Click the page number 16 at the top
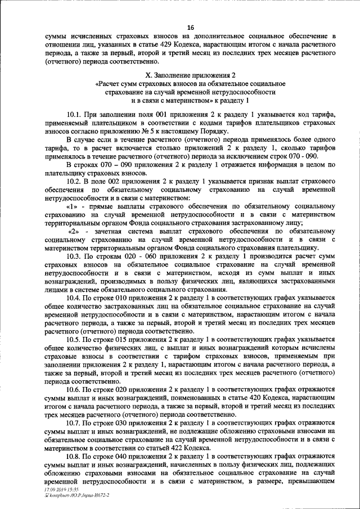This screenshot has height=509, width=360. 190,27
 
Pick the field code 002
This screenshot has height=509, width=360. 130,182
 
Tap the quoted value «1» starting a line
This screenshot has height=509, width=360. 72,206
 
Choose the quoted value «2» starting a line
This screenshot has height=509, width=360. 75,231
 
